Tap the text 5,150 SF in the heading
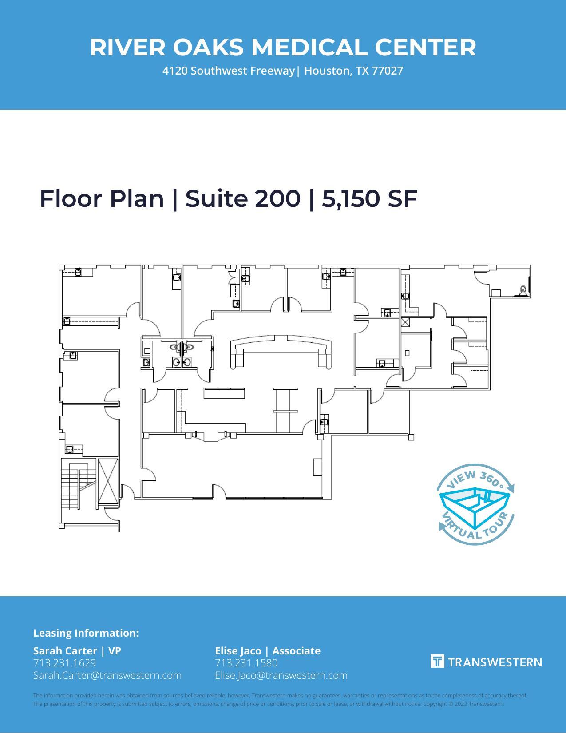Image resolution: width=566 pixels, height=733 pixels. coord(369,198)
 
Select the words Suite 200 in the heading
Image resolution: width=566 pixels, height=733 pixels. coord(243,198)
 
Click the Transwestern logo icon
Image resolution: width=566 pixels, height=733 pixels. coord(437,661)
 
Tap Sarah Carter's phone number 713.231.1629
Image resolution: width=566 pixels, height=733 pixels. coord(64,663)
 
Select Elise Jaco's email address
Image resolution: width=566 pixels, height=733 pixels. coord(281,675)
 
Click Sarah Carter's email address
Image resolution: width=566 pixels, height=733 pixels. coord(107,675)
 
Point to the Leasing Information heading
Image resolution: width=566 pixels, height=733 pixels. coord(86,633)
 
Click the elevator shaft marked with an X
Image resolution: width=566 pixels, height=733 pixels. coord(108,481)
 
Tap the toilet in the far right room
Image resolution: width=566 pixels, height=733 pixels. coord(523,290)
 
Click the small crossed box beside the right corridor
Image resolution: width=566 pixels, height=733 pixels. coord(405,322)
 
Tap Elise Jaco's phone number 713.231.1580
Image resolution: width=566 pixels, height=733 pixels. coord(246,663)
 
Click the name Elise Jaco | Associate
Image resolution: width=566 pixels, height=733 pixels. coord(267,651)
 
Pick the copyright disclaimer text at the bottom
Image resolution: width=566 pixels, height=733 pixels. coord(280,700)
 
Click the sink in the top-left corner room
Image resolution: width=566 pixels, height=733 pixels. coord(78,272)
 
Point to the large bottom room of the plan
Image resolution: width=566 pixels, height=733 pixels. coord(231,466)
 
